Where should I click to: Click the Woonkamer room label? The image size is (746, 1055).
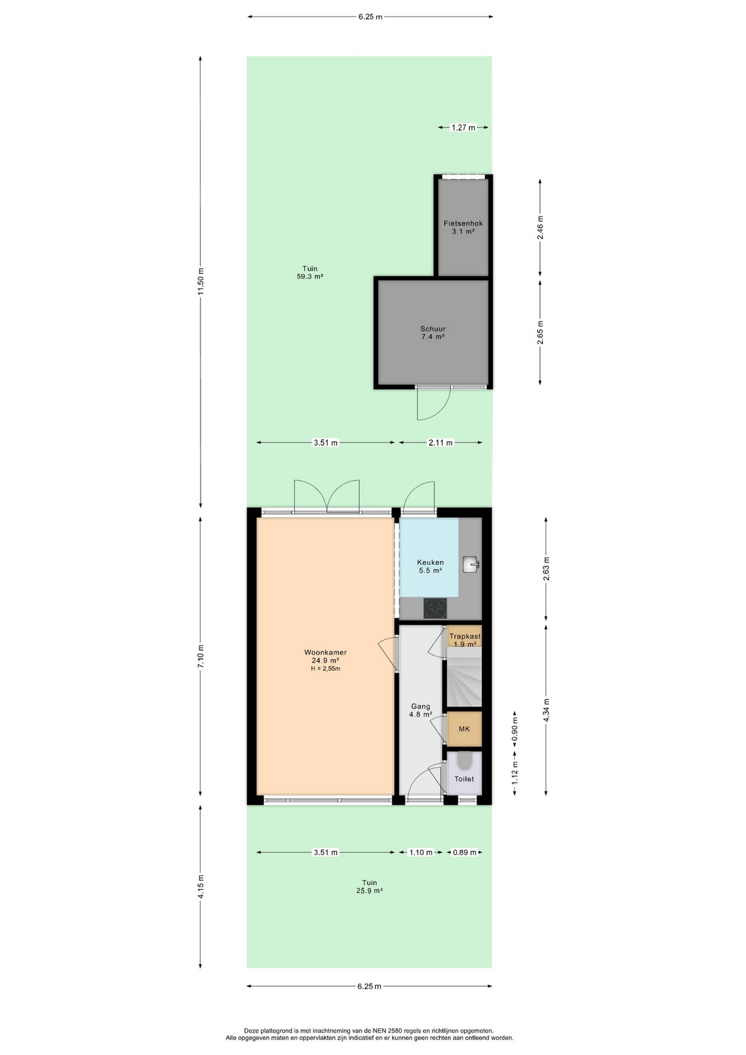pyautogui.click(x=325, y=652)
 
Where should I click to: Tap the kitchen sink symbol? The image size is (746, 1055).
pyautogui.click(x=471, y=564)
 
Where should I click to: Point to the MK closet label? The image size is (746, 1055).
pyautogui.click(x=464, y=729)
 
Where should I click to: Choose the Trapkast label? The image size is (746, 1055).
pyautogui.click(x=465, y=636)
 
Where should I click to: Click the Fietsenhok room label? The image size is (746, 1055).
pyautogui.click(x=463, y=223)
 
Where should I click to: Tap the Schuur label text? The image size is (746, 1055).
pyautogui.click(x=433, y=329)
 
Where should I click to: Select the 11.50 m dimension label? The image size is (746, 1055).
pyautogui.click(x=200, y=282)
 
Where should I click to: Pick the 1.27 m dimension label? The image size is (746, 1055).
pyautogui.click(x=463, y=128)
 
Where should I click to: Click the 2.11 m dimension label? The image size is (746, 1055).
pyautogui.click(x=441, y=442)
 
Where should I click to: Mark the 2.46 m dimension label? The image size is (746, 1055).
pyautogui.click(x=540, y=227)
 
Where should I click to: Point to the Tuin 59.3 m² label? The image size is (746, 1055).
pyautogui.click(x=310, y=272)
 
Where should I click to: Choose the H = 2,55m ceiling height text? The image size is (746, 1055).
pyautogui.click(x=325, y=669)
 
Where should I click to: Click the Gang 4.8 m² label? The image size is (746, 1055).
pyautogui.click(x=421, y=710)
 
